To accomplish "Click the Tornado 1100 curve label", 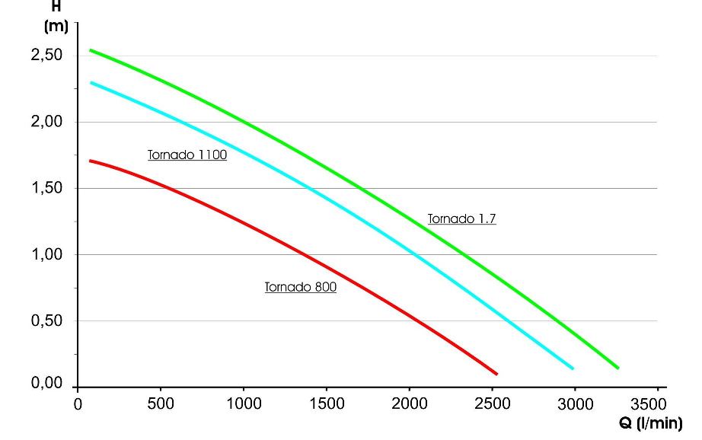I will pos(187,155).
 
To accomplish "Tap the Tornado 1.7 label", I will pos(462,219).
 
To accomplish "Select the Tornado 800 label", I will pos(301,288).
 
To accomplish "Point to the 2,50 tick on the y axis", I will pos(47,56).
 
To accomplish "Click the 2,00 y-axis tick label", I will pos(47,123).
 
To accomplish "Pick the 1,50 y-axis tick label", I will pos(47,189).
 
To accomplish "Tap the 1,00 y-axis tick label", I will pos(47,255).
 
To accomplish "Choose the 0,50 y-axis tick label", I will pos(47,321).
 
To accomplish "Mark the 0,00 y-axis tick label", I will pos(47,384).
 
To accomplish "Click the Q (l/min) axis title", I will pos(651,424).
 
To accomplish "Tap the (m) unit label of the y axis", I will pos(56,27).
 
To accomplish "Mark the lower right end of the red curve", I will pos(496,374).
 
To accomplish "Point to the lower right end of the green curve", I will pos(617,368).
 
